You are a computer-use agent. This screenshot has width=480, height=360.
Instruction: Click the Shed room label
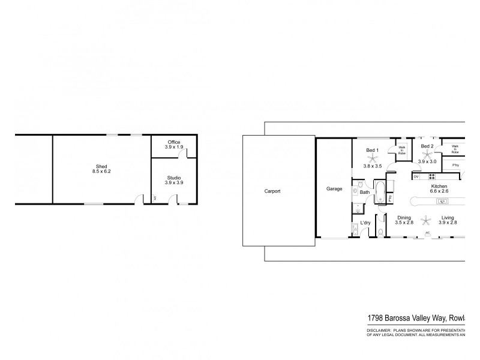pyautogui.click(x=102, y=166)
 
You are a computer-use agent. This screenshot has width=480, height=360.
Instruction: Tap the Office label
pyautogui.click(x=173, y=142)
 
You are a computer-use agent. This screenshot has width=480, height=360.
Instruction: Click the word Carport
pyautogui.click(x=272, y=191)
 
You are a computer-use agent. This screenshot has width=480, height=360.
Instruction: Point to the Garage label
pyautogui.click(x=334, y=189)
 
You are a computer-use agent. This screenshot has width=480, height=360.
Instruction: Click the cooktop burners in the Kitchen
pyautogui.click(x=430, y=176)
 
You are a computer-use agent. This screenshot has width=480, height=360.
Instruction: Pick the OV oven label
pyautogui.click(x=415, y=176)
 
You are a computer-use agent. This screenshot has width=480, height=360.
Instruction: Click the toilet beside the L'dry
pyautogui.click(x=380, y=232)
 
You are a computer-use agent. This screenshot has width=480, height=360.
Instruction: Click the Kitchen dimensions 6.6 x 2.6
pyautogui.click(x=439, y=191)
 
